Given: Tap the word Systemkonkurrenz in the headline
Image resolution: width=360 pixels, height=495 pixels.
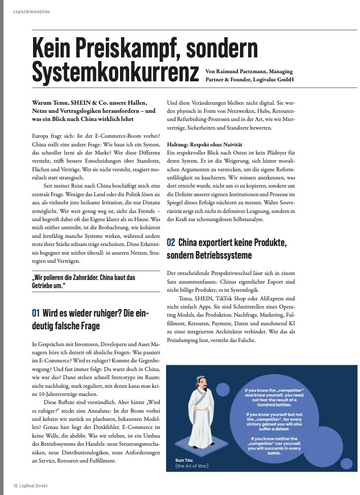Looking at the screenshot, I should (115, 73).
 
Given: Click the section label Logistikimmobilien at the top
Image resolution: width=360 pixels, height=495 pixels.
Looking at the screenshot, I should (32, 11).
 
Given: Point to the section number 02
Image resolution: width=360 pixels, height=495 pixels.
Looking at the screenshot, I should (171, 243).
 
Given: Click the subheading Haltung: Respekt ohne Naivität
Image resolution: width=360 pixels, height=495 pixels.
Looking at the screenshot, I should (204, 145).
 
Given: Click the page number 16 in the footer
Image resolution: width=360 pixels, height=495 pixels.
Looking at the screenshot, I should (15, 485).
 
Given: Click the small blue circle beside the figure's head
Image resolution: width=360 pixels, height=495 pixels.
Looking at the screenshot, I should (223, 390).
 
